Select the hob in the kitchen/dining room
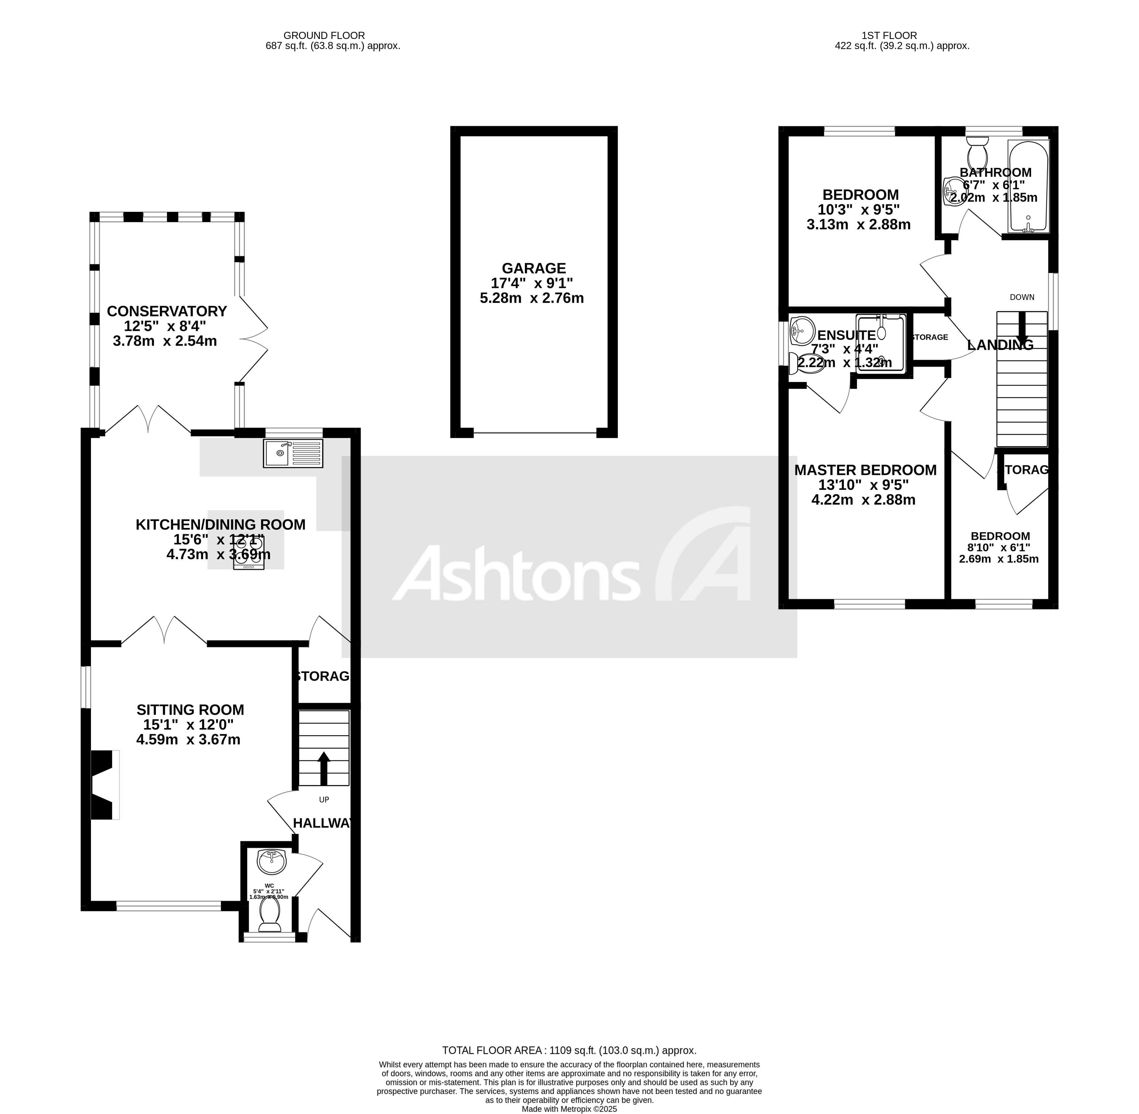pyautogui.click(x=249, y=553)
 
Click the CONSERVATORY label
pyautogui.click(x=167, y=311)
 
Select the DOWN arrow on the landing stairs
pyautogui.click(x=1022, y=328)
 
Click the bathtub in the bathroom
pyautogui.click(x=1028, y=186)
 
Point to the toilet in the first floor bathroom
pyautogui.click(x=978, y=153)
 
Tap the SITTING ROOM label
pyautogui.click(x=190, y=710)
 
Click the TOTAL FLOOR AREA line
pyautogui.click(x=569, y=1050)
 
